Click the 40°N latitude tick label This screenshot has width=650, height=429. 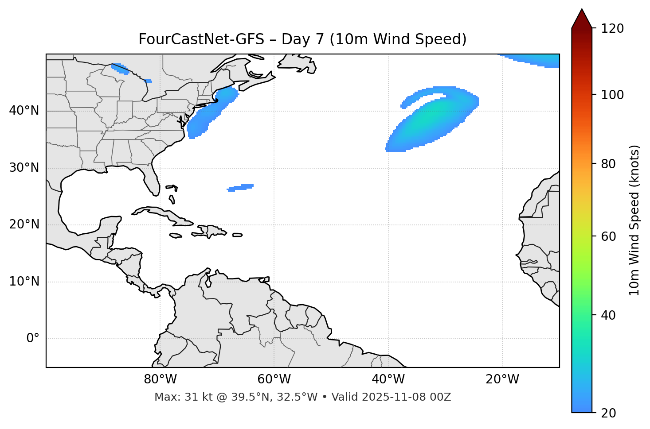point(24,111)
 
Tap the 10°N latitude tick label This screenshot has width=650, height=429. point(24,282)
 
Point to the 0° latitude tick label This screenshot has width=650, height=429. point(33,339)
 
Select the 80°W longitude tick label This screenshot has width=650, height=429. point(160,379)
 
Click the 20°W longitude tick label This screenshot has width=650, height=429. point(502,379)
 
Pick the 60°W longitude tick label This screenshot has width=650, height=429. point(274,379)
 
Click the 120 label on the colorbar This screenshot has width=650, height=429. point(612,29)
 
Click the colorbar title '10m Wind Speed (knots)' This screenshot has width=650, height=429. point(634,220)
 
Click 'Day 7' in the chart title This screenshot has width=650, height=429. point(303,39)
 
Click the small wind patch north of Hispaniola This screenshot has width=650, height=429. point(241,188)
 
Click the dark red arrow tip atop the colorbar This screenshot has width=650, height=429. point(582,18)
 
